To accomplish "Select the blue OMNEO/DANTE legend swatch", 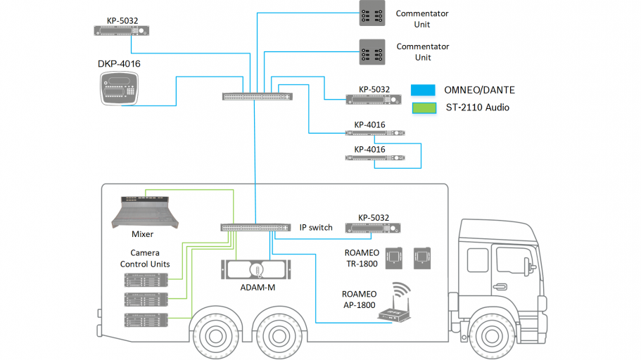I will [x=424, y=90].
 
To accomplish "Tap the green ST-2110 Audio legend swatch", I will [x=424, y=108].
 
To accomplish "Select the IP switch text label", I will [x=316, y=227].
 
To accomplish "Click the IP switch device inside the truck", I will [x=255, y=228].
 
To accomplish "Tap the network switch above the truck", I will [x=258, y=96].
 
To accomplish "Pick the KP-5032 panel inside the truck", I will [x=373, y=228].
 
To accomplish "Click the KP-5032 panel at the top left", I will [x=122, y=30].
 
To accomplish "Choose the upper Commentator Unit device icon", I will [x=372, y=13].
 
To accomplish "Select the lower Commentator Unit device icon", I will [x=372, y=51].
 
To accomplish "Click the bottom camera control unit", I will [x=146, y=320].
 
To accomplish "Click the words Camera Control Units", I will [x=145, y=258].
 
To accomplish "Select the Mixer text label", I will [x=142, y=234].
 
